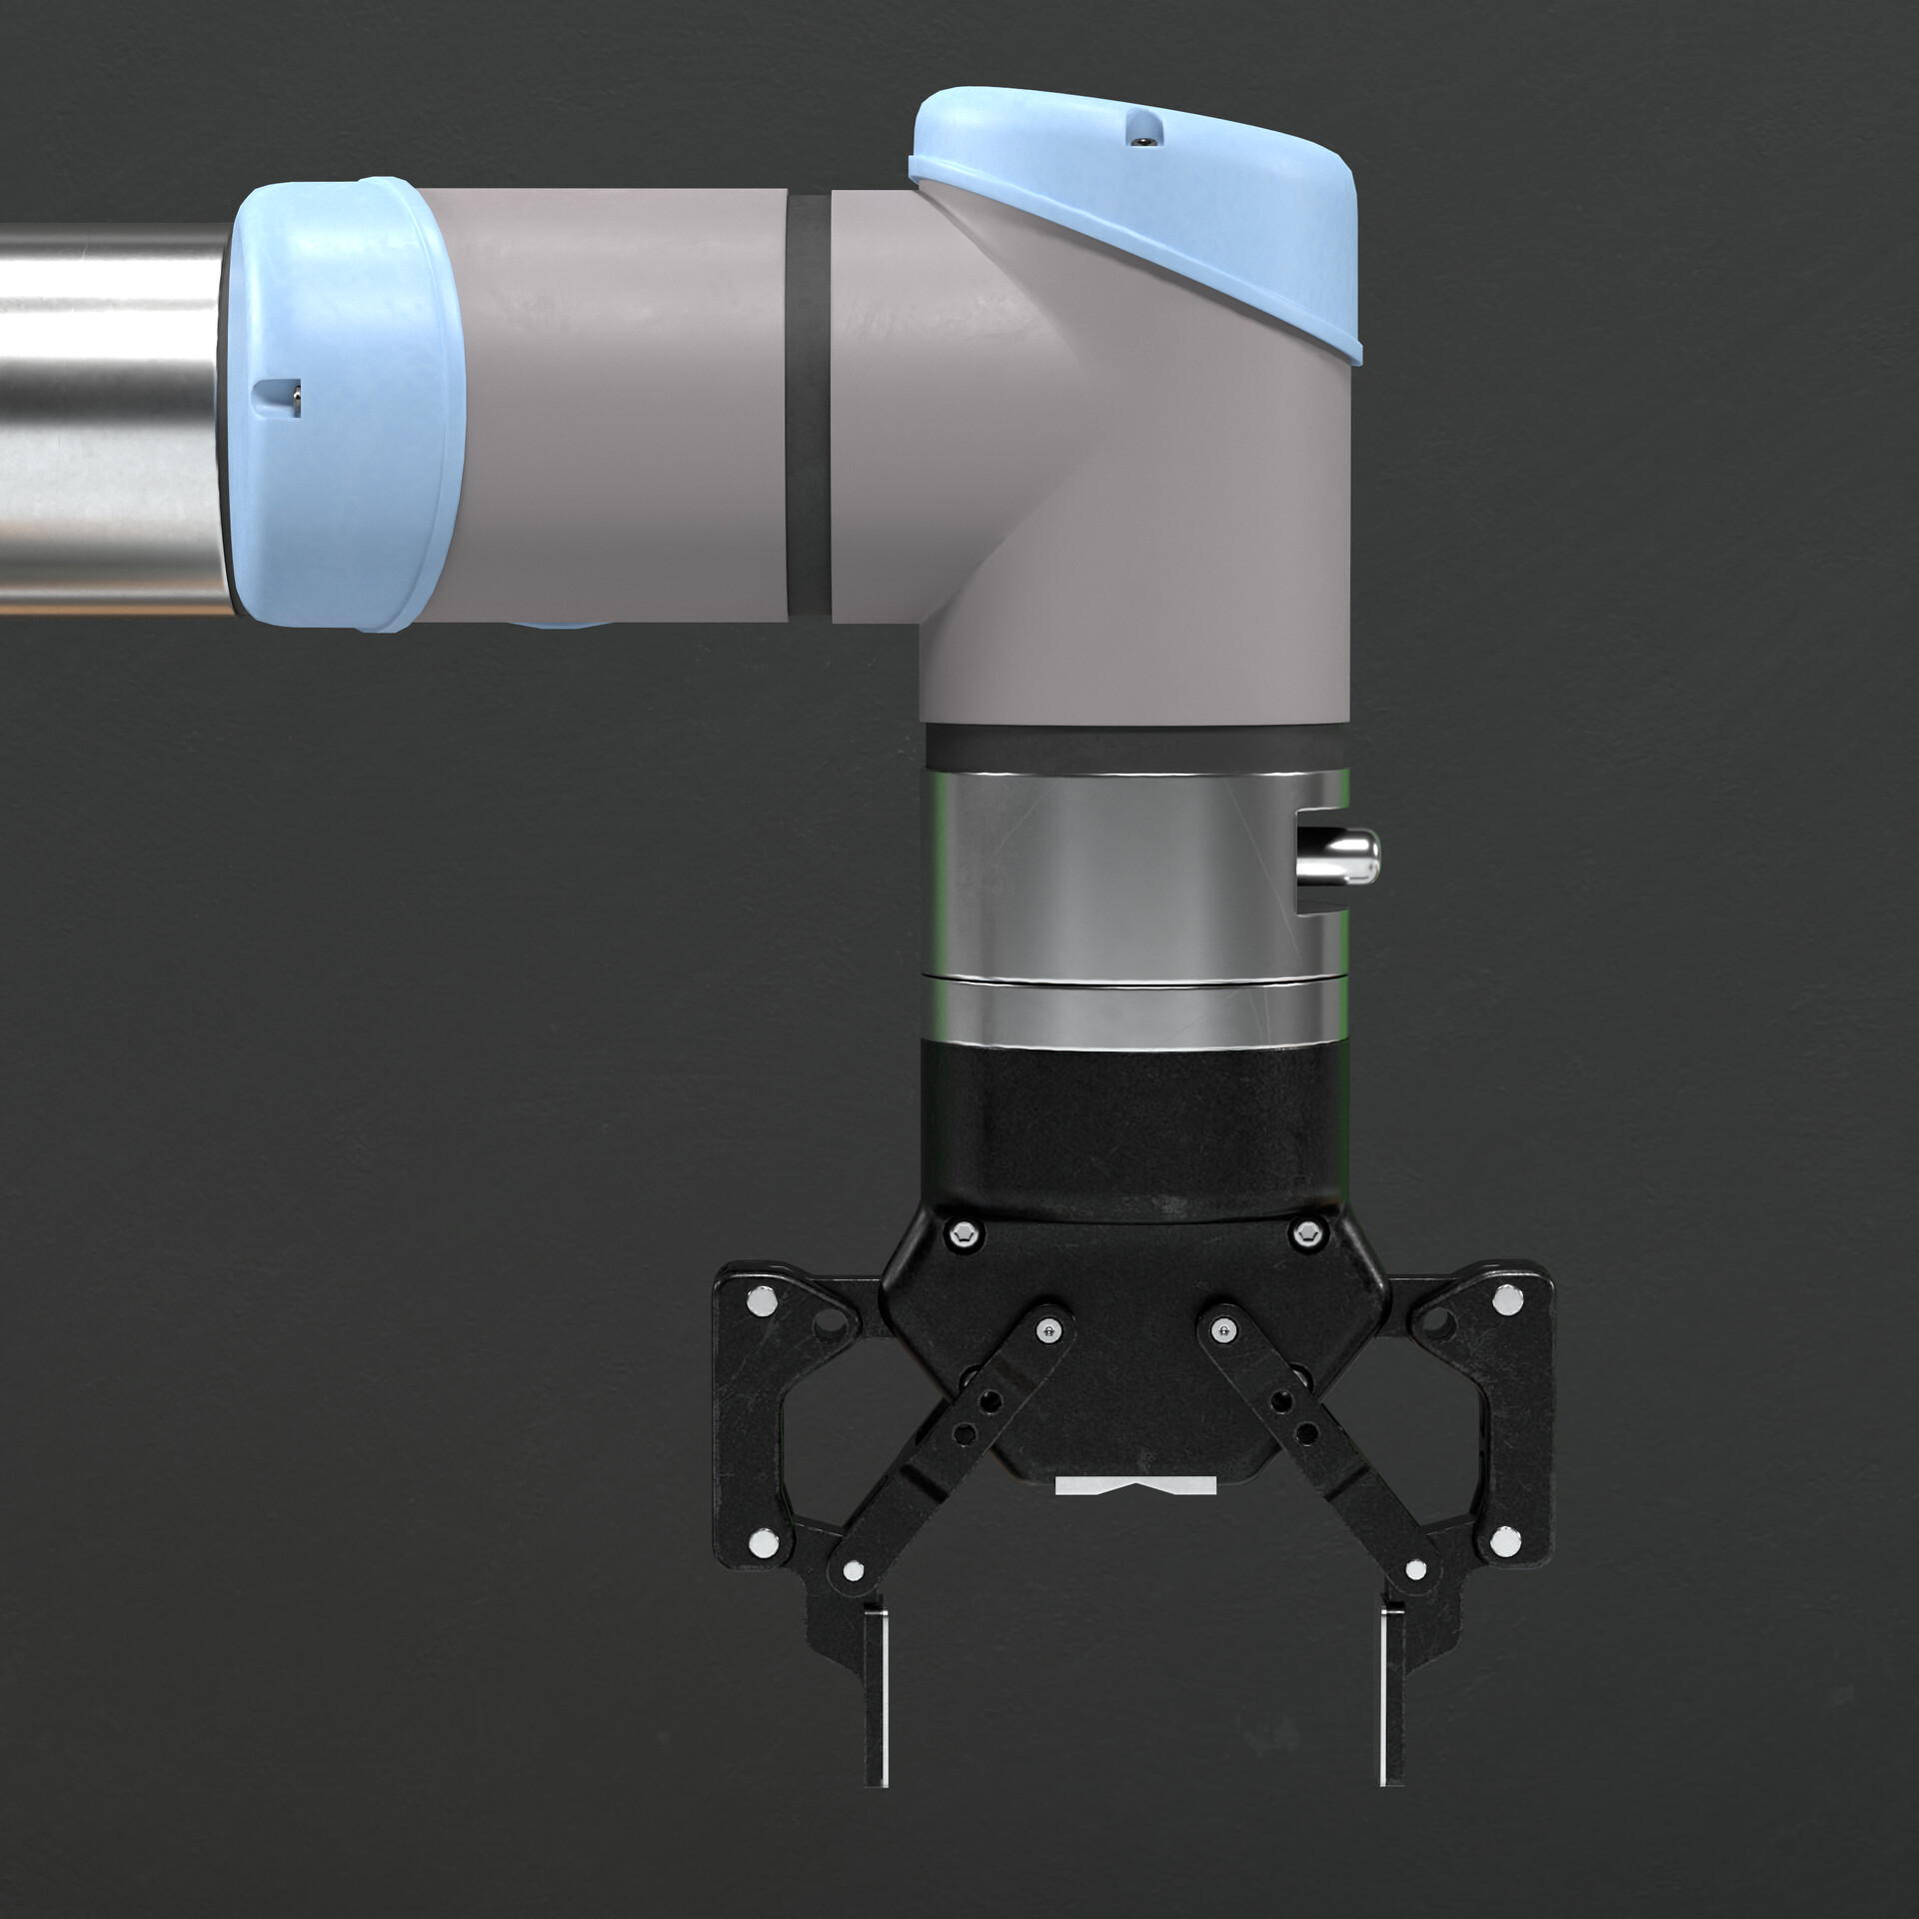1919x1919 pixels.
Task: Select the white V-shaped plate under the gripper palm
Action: pyautogui.click(x=1136, y=1511)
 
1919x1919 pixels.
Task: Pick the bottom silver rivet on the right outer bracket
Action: pyautogui.click(x=1501, y=1545)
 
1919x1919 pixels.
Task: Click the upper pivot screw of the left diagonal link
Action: pyautogui.click(x=1046, y=1328)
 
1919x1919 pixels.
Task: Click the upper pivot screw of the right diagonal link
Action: pyautogui.click(x=1219, y=1328)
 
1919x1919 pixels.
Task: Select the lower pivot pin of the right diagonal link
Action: pyautogui.click(x=1413, y=1572)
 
